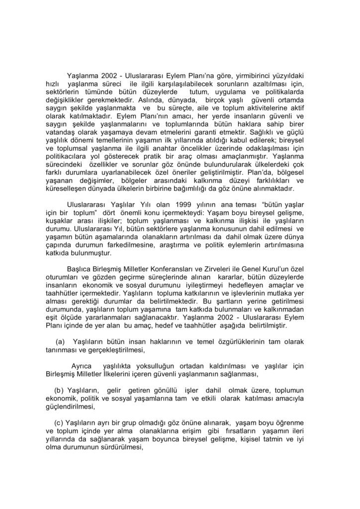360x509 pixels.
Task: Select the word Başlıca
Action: tap(80, 269)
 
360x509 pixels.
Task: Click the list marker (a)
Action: tap(61, 341)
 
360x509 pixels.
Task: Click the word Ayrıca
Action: tap(82, 366)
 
